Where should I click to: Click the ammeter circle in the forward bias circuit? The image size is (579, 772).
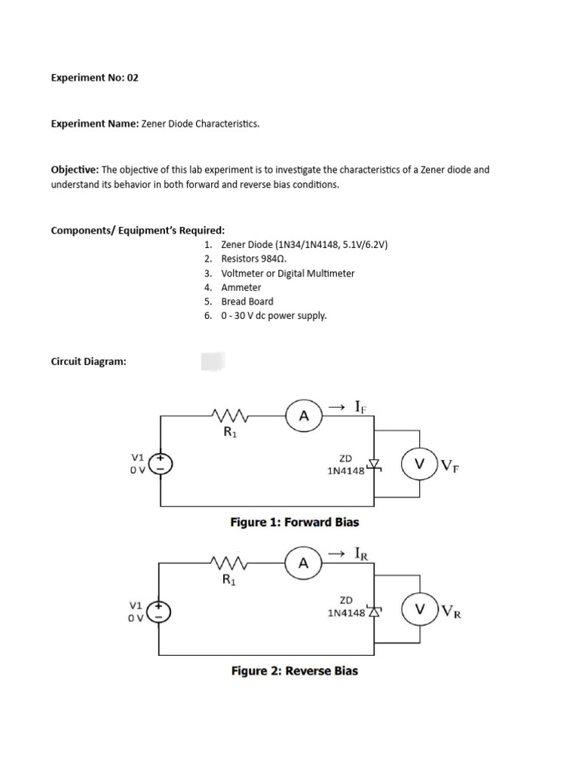[304, 415]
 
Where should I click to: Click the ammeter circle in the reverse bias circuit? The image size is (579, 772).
[304, 563]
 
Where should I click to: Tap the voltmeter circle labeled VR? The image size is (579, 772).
[420, 608]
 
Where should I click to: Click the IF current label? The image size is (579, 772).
[360, 407]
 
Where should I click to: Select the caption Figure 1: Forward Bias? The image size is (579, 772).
[294, 522]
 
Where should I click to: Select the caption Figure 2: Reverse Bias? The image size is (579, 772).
[294, 670]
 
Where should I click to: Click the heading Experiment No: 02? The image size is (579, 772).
[94, 78]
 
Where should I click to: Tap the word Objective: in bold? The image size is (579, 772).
[75, 170]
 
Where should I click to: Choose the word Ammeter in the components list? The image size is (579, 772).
[241, 287]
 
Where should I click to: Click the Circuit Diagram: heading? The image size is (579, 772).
[88, 361]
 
